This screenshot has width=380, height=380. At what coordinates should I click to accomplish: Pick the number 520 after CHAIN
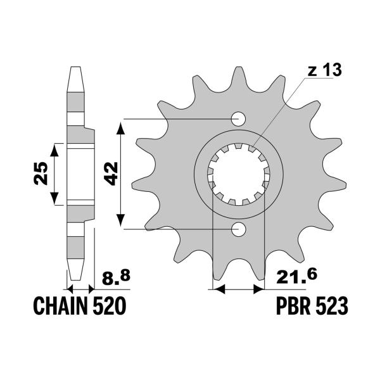pos(111,307)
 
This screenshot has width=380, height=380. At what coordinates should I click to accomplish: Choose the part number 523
pos(332,307)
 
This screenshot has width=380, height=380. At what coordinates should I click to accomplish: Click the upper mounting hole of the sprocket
pos(239,118)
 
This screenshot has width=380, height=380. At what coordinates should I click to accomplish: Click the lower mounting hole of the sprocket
pos(239,228)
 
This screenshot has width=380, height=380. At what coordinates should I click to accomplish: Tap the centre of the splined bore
pos(239,173)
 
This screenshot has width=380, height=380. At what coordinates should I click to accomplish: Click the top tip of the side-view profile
pos(75,67)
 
